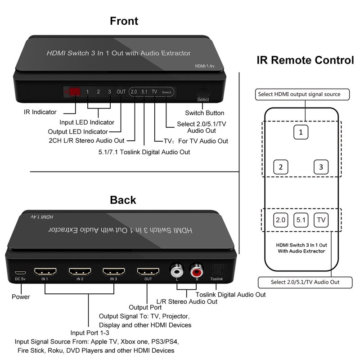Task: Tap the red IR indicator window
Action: pyautogui.click(x=74, y=92)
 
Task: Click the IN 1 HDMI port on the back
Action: pyautogui.click(x=45, y=272)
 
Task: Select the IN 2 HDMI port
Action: pyautogui.click(x=80, y=272)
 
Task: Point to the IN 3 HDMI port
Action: pyautogui.click(x=114, y=272)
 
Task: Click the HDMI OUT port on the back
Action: pyautogui.click(x=148, y=272)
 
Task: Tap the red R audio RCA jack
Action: pyautogui.click(x=196, y=271)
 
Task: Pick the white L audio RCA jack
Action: pyautogui.click(x=176, y=271)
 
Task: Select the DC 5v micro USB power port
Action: pyautogui.click(x=20, y=273)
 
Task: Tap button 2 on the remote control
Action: pyautogui.click(x=280, y=167)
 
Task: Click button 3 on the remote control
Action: pyautogui.click(x=320, y=167)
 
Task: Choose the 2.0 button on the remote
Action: pyautogui.click(x=280, y=220)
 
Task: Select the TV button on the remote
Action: pyautogui.click(x=320, y=220)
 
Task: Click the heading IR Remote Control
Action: pyautogui.click(x=305, y=60)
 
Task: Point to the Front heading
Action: pyautogui.click(x=124, y=21)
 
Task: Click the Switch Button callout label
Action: pyautogui.click(x=205, y=113)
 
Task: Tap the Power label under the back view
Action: pyautogui.click(x=21, y=297)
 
